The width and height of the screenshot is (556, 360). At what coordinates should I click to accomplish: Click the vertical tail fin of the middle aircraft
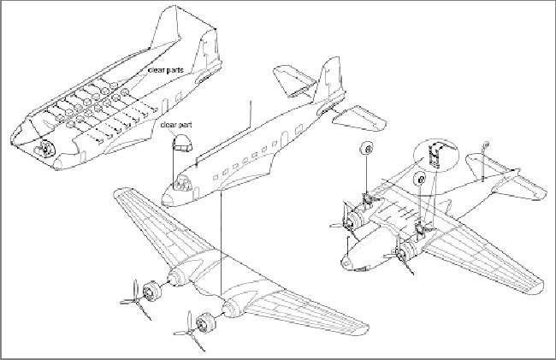[332, 81]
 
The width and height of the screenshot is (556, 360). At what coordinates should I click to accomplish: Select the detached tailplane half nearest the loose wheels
[361, 116]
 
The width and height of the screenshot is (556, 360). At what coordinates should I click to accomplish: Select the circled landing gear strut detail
[436, 156]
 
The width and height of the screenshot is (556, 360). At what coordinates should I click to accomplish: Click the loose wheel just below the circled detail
[420, 180]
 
